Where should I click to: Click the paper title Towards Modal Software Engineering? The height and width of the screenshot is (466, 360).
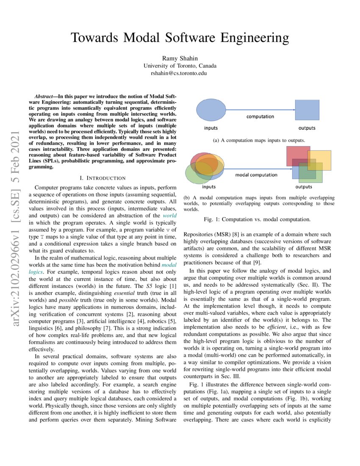pos(180,38)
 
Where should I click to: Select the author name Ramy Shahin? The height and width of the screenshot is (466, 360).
pos(180,58)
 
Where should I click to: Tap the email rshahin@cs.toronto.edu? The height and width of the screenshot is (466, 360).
pos(180,73)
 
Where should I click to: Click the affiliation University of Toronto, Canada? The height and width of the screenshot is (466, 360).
pos(180,66)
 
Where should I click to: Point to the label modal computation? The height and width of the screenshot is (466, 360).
pos(256,175)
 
